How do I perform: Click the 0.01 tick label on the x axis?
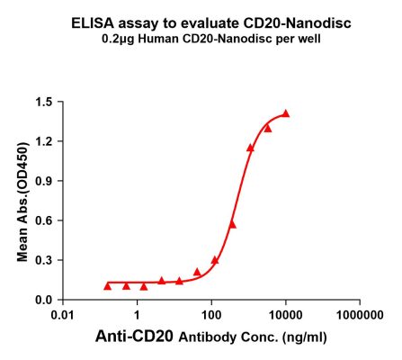coord(62,315)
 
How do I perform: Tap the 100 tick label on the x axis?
coord(211,315)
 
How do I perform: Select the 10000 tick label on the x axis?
coord(286,315)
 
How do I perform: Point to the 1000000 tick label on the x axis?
coord(360,315)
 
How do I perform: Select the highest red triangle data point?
coord(286,113)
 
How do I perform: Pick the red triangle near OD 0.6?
coord(232,224)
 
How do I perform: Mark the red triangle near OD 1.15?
coord(250,148)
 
